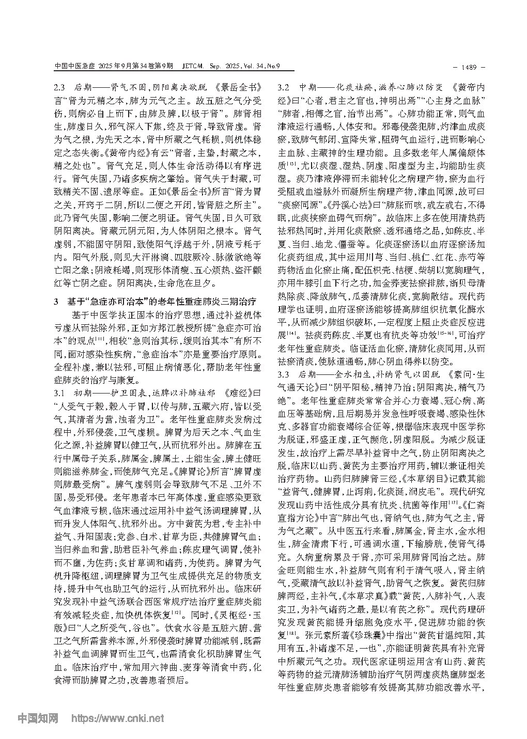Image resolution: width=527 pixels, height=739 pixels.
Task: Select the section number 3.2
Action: point(284,87)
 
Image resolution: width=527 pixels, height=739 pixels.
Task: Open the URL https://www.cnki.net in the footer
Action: point(118,718)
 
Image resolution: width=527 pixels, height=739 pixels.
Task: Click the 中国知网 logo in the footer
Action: point(39,718)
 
